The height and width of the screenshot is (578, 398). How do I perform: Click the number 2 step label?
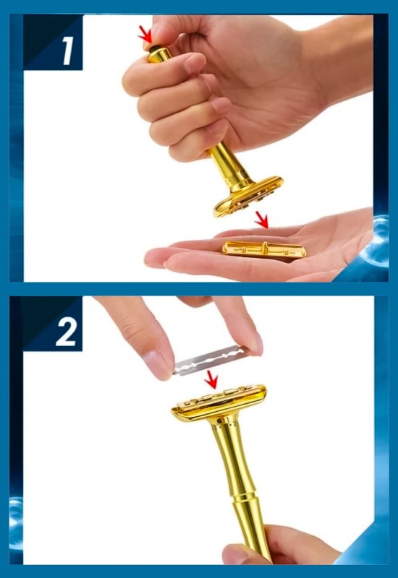point(67,332)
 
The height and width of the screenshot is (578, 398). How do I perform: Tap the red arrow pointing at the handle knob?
point(145,35)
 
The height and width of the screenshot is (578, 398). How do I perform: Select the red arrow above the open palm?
point(262,220)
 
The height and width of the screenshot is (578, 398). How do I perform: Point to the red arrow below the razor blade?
point(211,379)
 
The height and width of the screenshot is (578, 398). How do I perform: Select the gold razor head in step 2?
point(219,403)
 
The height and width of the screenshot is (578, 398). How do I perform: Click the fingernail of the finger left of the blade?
point(158,364)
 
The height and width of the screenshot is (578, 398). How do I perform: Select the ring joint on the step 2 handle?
point(242,499)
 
